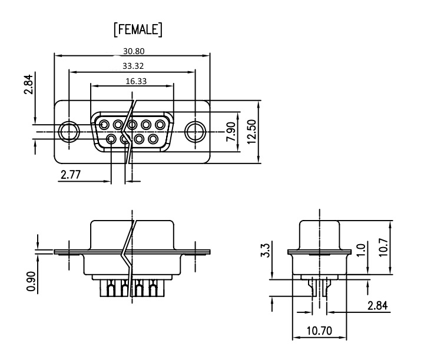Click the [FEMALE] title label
(138, 29)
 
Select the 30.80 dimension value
(134, 51)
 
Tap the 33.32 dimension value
(133, 66)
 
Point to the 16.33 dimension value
(136, 81)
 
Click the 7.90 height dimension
(231, 132)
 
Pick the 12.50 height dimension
(251, 132)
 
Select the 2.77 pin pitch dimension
(71, 175)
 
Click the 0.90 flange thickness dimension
(31, 281)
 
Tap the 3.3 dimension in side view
(265, 250)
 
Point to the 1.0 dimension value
(361, 250)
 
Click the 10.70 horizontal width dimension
(319, 331)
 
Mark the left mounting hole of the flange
(69, 132)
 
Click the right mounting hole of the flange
(195, 132)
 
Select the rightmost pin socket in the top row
(160, 125)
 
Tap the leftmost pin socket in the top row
(104, 125)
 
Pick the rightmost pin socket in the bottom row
(153, 139)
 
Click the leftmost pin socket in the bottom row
(111, 139)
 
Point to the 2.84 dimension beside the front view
(29, 84)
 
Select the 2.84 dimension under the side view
(377, 305)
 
